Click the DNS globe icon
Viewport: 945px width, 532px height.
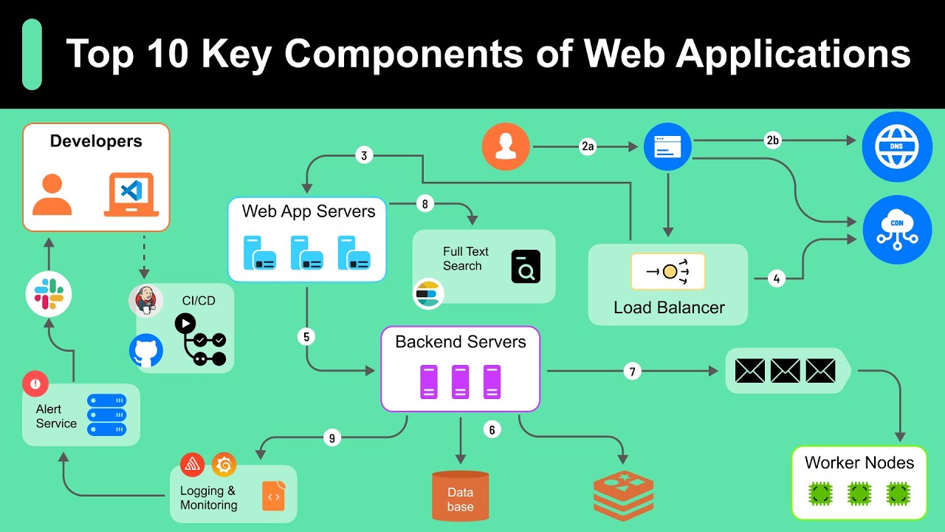click(x=898, y=147)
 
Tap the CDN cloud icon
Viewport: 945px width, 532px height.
click(x=897, y=230)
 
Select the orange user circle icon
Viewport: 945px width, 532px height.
click(x=506, y=147)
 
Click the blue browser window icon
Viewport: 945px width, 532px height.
click(x=667, y=147)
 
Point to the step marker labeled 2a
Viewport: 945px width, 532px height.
click(x=587, y=147)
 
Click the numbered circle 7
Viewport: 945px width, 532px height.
click(x=631, y=371)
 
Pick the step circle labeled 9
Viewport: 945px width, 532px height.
click(x=331, y=438)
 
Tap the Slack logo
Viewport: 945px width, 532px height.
click(x=49, y=294)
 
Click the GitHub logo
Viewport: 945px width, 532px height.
click(x=146, y=351)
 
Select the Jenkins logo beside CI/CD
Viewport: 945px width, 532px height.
click(x=145, y=301)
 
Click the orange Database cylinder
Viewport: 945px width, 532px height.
click(x=460, y=496)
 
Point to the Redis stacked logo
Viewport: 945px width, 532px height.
click(x=624, y=497)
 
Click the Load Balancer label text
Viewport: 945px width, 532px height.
click(x=669, y=307)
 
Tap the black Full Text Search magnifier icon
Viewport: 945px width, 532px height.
click(x=526, y=267)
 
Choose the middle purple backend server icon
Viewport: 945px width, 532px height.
click(x=460, y=382)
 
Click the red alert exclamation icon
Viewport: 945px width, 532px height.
click(x=35, y=383)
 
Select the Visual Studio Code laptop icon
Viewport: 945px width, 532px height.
click(x=131, y=194)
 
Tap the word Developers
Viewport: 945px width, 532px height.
click(x=96, y=141)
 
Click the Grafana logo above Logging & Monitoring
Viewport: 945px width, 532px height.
click(x=224, y=465)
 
